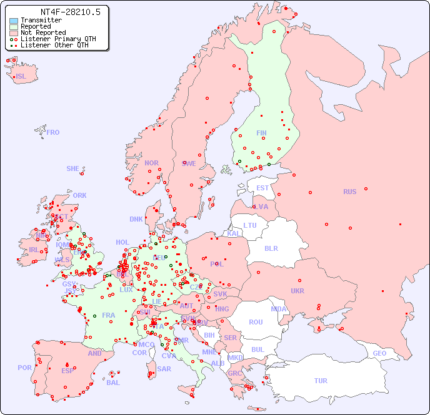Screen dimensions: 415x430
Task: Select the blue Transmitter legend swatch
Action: [x=13, y=21]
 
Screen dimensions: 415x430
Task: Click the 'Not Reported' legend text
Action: [x=42, y=33]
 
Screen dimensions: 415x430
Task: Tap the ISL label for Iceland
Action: [x=21, y=77]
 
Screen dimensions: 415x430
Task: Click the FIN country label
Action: [x=261, y=133]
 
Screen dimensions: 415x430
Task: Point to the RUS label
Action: [x=349, y=192]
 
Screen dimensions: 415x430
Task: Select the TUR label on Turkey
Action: [x=321, y=381]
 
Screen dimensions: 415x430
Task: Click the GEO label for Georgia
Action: [x=379, y=353]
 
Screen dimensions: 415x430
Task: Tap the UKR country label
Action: [x=297, y=291]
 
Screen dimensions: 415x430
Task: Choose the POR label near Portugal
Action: [x=24, y=368]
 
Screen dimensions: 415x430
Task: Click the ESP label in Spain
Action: [x=67, y=371]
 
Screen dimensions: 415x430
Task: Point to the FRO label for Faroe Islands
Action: [x=53, y=132]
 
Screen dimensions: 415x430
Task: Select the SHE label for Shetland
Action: [x=73, y=168]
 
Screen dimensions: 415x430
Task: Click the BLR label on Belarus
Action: [x=271, y=248]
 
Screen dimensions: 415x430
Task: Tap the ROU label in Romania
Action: [x=256, y=322]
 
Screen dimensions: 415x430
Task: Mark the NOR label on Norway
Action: [x=151, y=163]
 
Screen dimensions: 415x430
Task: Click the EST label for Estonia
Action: [x=262, y=188]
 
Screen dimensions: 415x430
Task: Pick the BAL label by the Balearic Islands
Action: [x=112, y=383]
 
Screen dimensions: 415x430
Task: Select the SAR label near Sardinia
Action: [x=164, y=369]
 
